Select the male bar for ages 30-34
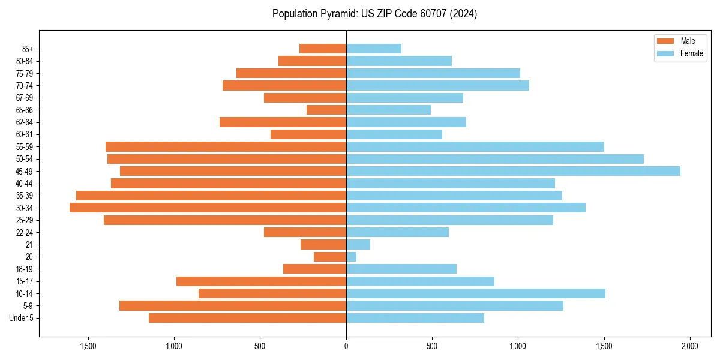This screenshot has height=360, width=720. (x=208, y=208)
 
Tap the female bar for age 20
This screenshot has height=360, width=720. (x=351, y=257)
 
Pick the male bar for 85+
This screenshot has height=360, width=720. (x=323, y=49)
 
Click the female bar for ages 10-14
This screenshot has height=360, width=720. (x=475, y=293)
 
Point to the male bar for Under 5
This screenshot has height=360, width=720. (x=247, y=318)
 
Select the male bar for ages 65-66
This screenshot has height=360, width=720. (x=326, y=110)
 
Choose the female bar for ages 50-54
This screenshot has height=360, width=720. (x=495, y=159)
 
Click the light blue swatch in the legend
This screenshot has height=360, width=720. (x=666, y=53)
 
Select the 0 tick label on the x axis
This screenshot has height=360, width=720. (x=346, y=346)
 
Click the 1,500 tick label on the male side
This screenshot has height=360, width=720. (x=88, y=346)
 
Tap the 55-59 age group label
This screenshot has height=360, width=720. (x=25, y=147)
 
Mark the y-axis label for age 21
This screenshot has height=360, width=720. (x=29, y=245)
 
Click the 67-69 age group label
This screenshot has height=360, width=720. (x=25, y=98)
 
